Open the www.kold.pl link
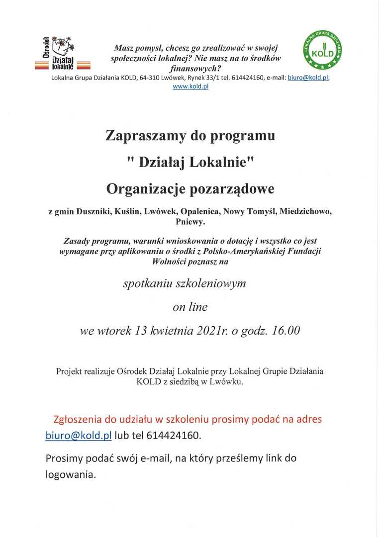(x=190, y=87)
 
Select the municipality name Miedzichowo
(x=305, y=212)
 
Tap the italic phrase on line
(x=190, y=307)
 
